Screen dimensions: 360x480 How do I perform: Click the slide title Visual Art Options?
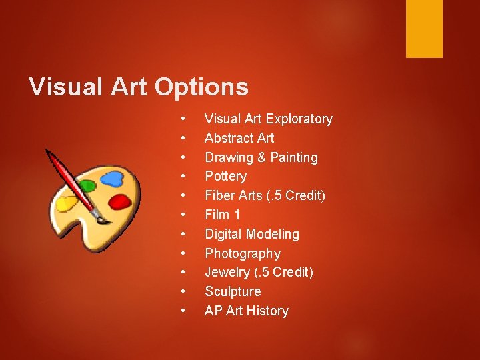pos(139,87)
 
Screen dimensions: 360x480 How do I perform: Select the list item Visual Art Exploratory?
pos(268,119)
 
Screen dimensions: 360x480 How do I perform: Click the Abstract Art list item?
pos(239,138)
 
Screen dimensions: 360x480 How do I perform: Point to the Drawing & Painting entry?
pos(261,157)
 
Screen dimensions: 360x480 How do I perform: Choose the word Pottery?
pos(225,176)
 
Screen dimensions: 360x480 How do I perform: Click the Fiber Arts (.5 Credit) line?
pos(265,195)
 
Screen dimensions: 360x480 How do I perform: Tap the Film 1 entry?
pos(222,215)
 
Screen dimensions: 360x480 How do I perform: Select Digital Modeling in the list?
pos(251,234)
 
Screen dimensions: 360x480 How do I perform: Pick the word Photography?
pos(242,253)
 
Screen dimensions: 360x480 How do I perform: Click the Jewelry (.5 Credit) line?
pos(259,272)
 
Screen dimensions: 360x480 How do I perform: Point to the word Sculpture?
pos(233,291)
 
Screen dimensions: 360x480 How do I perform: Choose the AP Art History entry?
pos(246,311)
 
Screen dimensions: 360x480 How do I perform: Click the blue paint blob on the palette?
pos(113,178)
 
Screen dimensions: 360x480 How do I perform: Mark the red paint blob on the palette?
pos(120,201)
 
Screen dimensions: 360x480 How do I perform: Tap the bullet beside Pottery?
pos(182,176)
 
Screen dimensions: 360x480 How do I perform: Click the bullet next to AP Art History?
pos(182,311)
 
